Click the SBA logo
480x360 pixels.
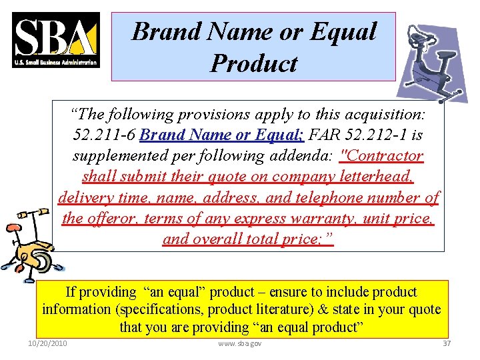[x=56, y=40]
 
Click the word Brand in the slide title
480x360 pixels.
[x=158, y=31]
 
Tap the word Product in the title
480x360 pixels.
[x=253, y=63]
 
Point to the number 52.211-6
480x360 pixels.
[x=103, y=135]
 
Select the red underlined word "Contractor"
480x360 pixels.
[x=381, y=156]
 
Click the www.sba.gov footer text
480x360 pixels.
[x=240, y=343]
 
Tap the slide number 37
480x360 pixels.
[x=447, y=343]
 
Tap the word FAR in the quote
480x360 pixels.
[x=327, y=135]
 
